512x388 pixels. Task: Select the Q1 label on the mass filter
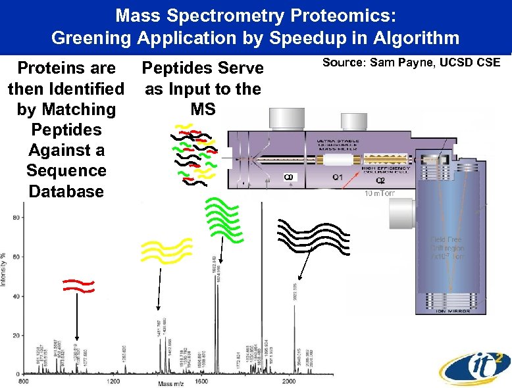(336, 178)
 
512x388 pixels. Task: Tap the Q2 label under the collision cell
(380, 181)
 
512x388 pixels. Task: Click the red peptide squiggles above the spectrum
(78, 285)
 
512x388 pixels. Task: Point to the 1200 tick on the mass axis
(114, 381)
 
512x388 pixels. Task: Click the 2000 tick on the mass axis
(288, 381)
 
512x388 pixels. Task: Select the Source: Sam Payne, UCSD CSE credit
(411, 62)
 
